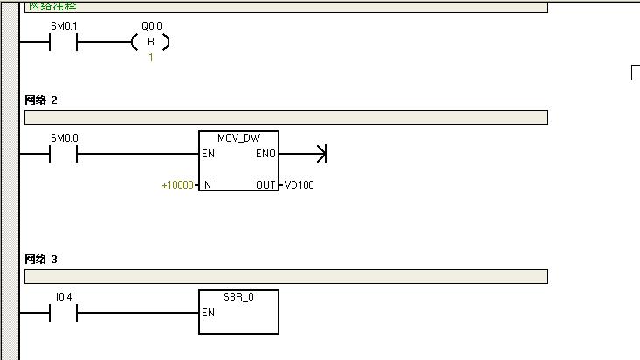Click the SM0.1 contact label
(x=64, y=26)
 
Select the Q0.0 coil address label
(x=151, y=26)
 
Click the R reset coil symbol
(x=150, y=42)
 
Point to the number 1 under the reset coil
(x=150, y=58)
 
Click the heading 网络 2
(x=41, y=100)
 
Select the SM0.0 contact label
(x=64, y=138)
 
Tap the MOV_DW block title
(x=240, y=139)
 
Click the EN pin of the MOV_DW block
(x=208, y=155)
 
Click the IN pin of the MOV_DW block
(x=207, y=185)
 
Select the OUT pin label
(x=265, y=185)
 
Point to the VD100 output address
(x=298, y=185)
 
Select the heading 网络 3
(x=41, y=260)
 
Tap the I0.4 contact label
(x=64, y=297)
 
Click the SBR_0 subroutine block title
(x=239, y=297)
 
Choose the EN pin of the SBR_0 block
(x=208, y=313)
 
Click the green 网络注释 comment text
(x=52, y=6)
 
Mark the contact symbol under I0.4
(x=64, y=313)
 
